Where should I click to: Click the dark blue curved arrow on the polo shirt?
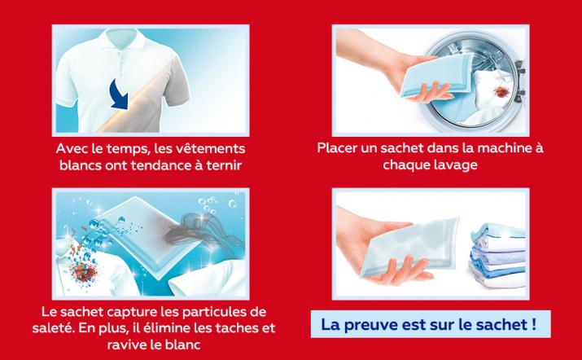point(120,94)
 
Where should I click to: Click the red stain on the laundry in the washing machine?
point(501,92)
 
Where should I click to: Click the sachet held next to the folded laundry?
point(409,247)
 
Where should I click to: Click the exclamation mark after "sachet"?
point(533,324)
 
